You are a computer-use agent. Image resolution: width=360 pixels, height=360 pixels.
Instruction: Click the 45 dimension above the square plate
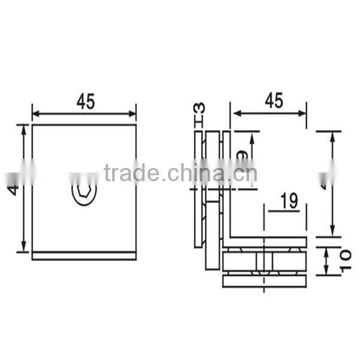(x=85, y=102)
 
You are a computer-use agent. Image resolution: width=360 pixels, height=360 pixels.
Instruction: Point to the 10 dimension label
(x=345, y=260)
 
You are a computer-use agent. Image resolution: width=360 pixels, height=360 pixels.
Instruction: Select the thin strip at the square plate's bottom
(x=84, y=256)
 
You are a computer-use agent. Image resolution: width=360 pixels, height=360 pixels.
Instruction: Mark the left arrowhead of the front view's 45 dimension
(x=35, y=113)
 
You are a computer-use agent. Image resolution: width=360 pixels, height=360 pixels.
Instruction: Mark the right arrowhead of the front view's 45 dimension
(x=133, y=113)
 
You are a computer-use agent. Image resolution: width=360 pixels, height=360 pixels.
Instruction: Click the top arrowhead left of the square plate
(x=24, y=128)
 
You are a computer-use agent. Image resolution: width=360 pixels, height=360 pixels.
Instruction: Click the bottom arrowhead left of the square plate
(x=24, y=248)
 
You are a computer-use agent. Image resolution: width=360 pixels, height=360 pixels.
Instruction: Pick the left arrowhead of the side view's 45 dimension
(x=236, y=112)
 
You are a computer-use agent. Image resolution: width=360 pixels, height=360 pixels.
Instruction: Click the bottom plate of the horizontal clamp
(x=265, y=280)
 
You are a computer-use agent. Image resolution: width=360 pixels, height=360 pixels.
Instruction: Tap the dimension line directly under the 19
(x=287, y=211)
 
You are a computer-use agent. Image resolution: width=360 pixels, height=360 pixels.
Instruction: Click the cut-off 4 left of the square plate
(x=13, y=190)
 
